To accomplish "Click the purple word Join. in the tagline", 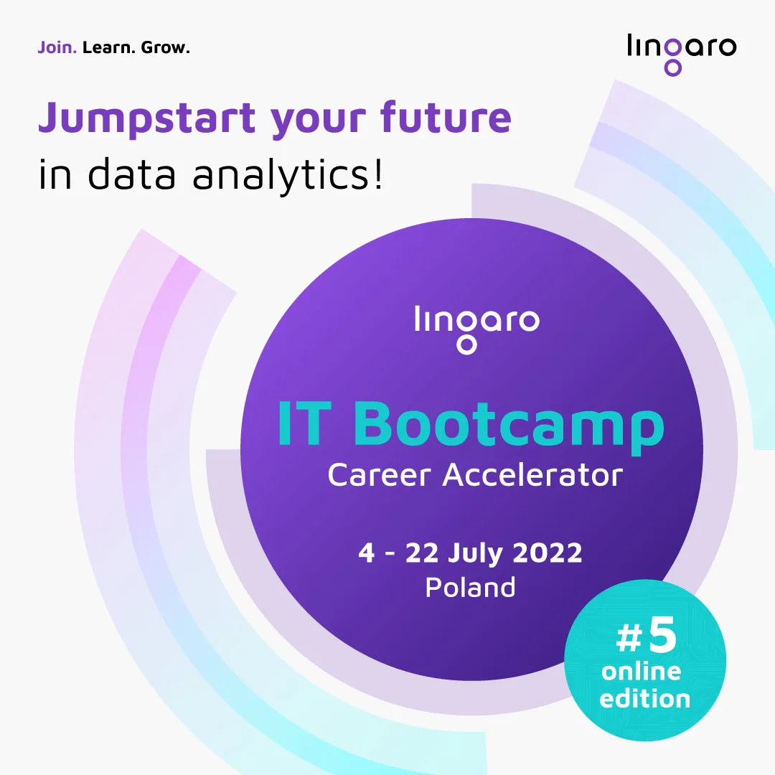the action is [57, 47].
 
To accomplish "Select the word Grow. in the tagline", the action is [165, 47].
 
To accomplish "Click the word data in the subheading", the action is [131, 173].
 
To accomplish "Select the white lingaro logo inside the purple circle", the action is [477, 329].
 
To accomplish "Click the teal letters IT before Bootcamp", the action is [304, 423].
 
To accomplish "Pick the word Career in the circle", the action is [379, 475].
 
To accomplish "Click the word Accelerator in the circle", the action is [532, 475].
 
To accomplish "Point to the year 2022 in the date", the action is [547, 552].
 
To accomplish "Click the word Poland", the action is [471, 587].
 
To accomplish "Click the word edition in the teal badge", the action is [644, 699].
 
